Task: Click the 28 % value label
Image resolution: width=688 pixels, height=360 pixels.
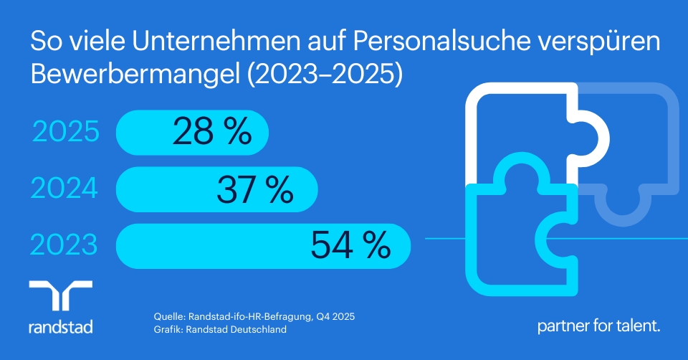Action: [x=211, y=132]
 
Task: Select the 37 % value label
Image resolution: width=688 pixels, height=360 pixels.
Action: [x=254, y=189]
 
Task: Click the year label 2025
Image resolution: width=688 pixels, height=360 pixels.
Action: [x=66, y=133]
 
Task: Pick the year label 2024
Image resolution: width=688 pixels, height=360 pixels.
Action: [x=64, y=189]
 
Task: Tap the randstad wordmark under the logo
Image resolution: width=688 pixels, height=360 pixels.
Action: [x=61, y=327]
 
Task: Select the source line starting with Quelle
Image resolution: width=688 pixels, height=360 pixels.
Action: [x=254, y=316]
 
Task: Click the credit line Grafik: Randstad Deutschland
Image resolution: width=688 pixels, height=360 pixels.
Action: [x=220, y=330]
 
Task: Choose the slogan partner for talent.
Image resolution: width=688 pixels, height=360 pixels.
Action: [x=599, y=326]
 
